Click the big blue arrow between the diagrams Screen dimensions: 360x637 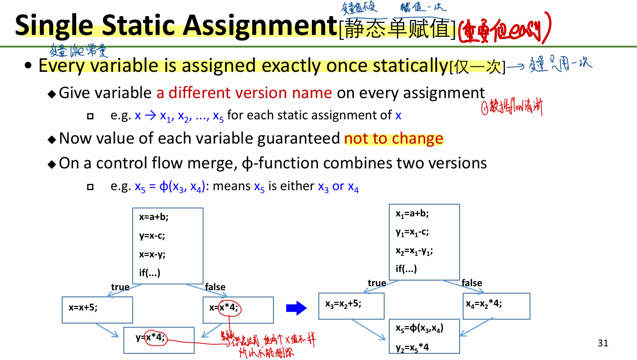[296, 307]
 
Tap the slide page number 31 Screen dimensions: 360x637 [603, 343]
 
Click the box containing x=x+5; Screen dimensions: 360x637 [97, 309]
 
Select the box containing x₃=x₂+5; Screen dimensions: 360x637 [351, 305]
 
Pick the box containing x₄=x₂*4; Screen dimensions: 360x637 [496, 305]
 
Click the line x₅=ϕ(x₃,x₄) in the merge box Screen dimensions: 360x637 [419, 328]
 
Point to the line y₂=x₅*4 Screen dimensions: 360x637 [413, 347]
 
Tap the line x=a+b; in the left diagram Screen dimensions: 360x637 [154, 217]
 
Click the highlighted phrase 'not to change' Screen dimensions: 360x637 [393, 139]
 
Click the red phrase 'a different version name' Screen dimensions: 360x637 [244, 93]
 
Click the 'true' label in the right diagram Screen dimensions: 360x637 [377, 283]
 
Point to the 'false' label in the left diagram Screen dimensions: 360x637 [215, 287]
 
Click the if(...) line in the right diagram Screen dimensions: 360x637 [406, 269]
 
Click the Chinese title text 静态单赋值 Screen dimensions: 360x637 [397, 28]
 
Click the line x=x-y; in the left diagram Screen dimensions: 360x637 [152, 254]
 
